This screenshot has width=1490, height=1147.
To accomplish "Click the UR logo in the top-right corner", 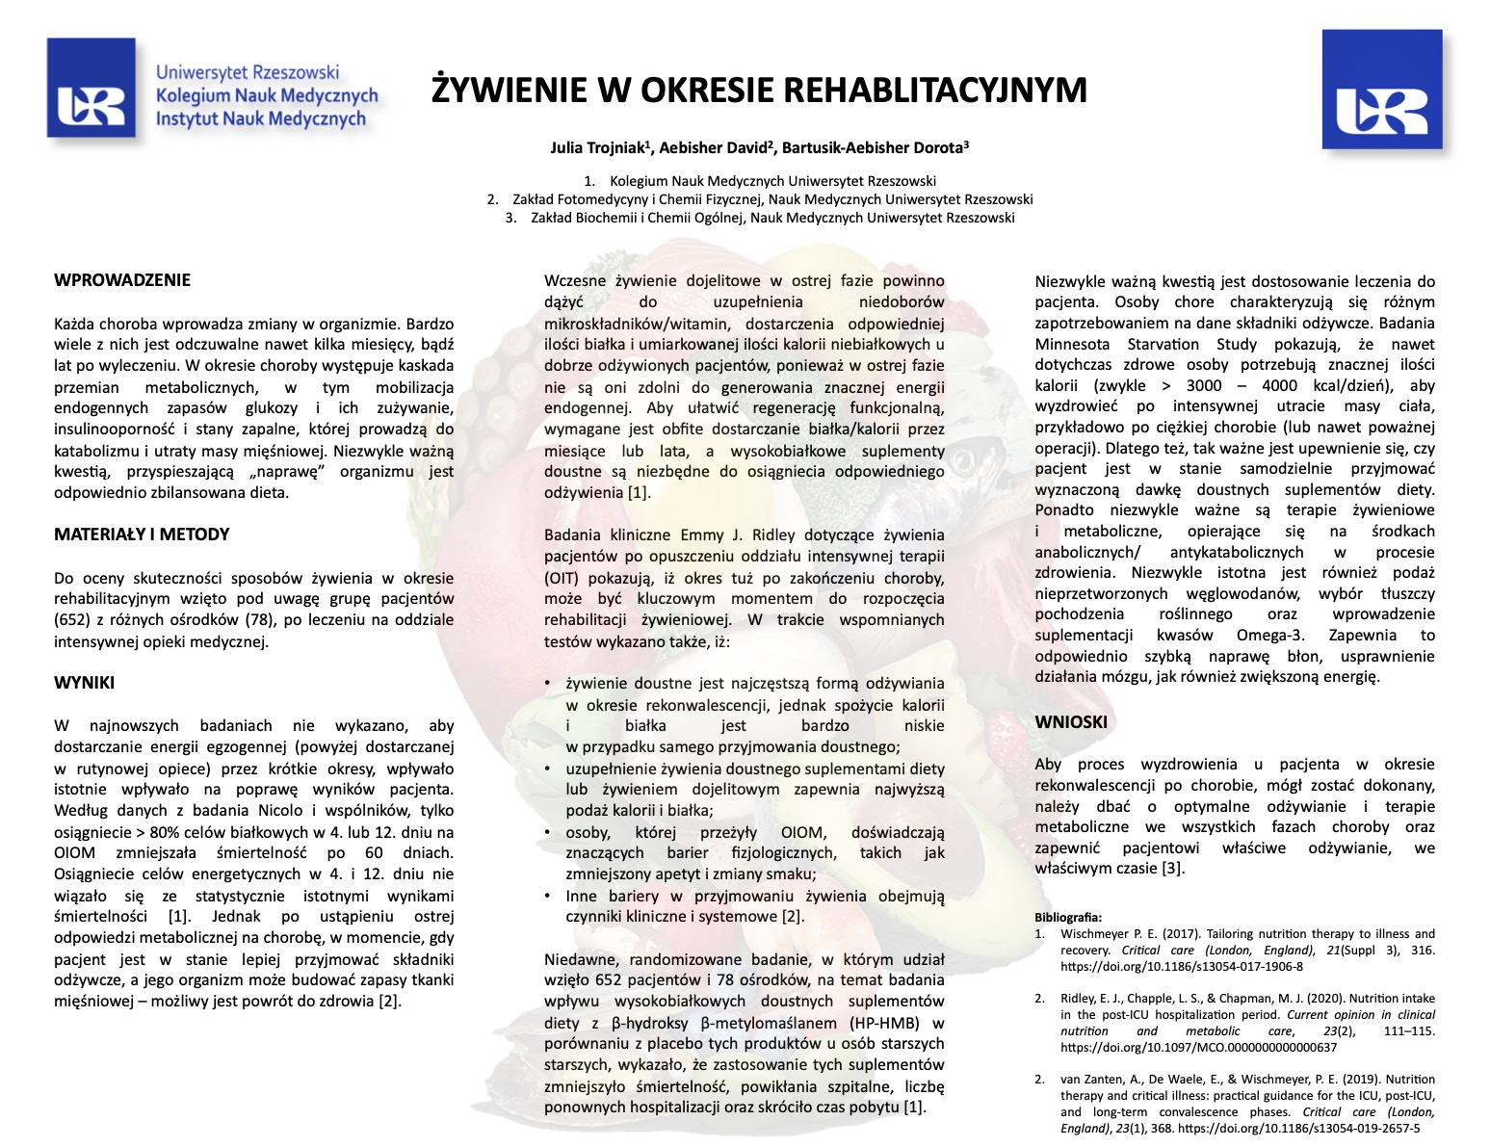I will coord(1382,91).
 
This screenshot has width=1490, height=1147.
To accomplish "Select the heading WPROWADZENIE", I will coord(122,280).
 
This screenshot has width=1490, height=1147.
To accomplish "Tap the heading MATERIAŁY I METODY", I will coord(142,534).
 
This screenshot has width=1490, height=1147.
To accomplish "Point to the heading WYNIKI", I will coord(84,683).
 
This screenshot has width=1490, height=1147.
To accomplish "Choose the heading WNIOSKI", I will coord(1071,721).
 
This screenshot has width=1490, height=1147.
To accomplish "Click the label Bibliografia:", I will coord(1068,918).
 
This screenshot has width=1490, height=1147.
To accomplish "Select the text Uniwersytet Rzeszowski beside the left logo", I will coord(248,72).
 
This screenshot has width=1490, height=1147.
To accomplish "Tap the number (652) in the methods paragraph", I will coord(70,620).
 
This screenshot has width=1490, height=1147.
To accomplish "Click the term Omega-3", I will coord(1270,636).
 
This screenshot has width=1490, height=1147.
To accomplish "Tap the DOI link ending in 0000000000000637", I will coord(1198,1047).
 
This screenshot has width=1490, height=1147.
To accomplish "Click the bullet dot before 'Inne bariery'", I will coord(548,896).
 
